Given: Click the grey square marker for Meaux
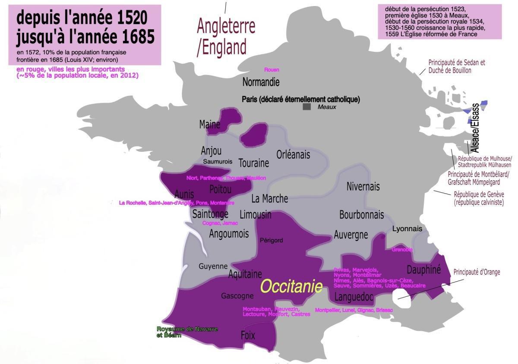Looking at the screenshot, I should point(306,107).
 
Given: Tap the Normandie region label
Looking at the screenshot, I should point(261,82).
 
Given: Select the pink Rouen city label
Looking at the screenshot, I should point(272,70).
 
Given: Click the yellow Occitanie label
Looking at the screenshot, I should point(291,287).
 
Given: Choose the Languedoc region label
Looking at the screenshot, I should point(354,297).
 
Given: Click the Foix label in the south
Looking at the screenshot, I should point(248,335).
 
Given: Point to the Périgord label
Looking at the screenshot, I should point(271,240).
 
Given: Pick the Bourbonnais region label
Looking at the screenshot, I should point(361,214).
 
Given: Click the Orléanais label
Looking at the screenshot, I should point(293,154).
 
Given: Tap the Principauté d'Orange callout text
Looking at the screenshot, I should point(477,272).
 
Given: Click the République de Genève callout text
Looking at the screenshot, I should point(478,198).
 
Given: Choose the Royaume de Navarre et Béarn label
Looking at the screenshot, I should point(187,332).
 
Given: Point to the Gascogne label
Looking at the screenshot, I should point(237,296).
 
